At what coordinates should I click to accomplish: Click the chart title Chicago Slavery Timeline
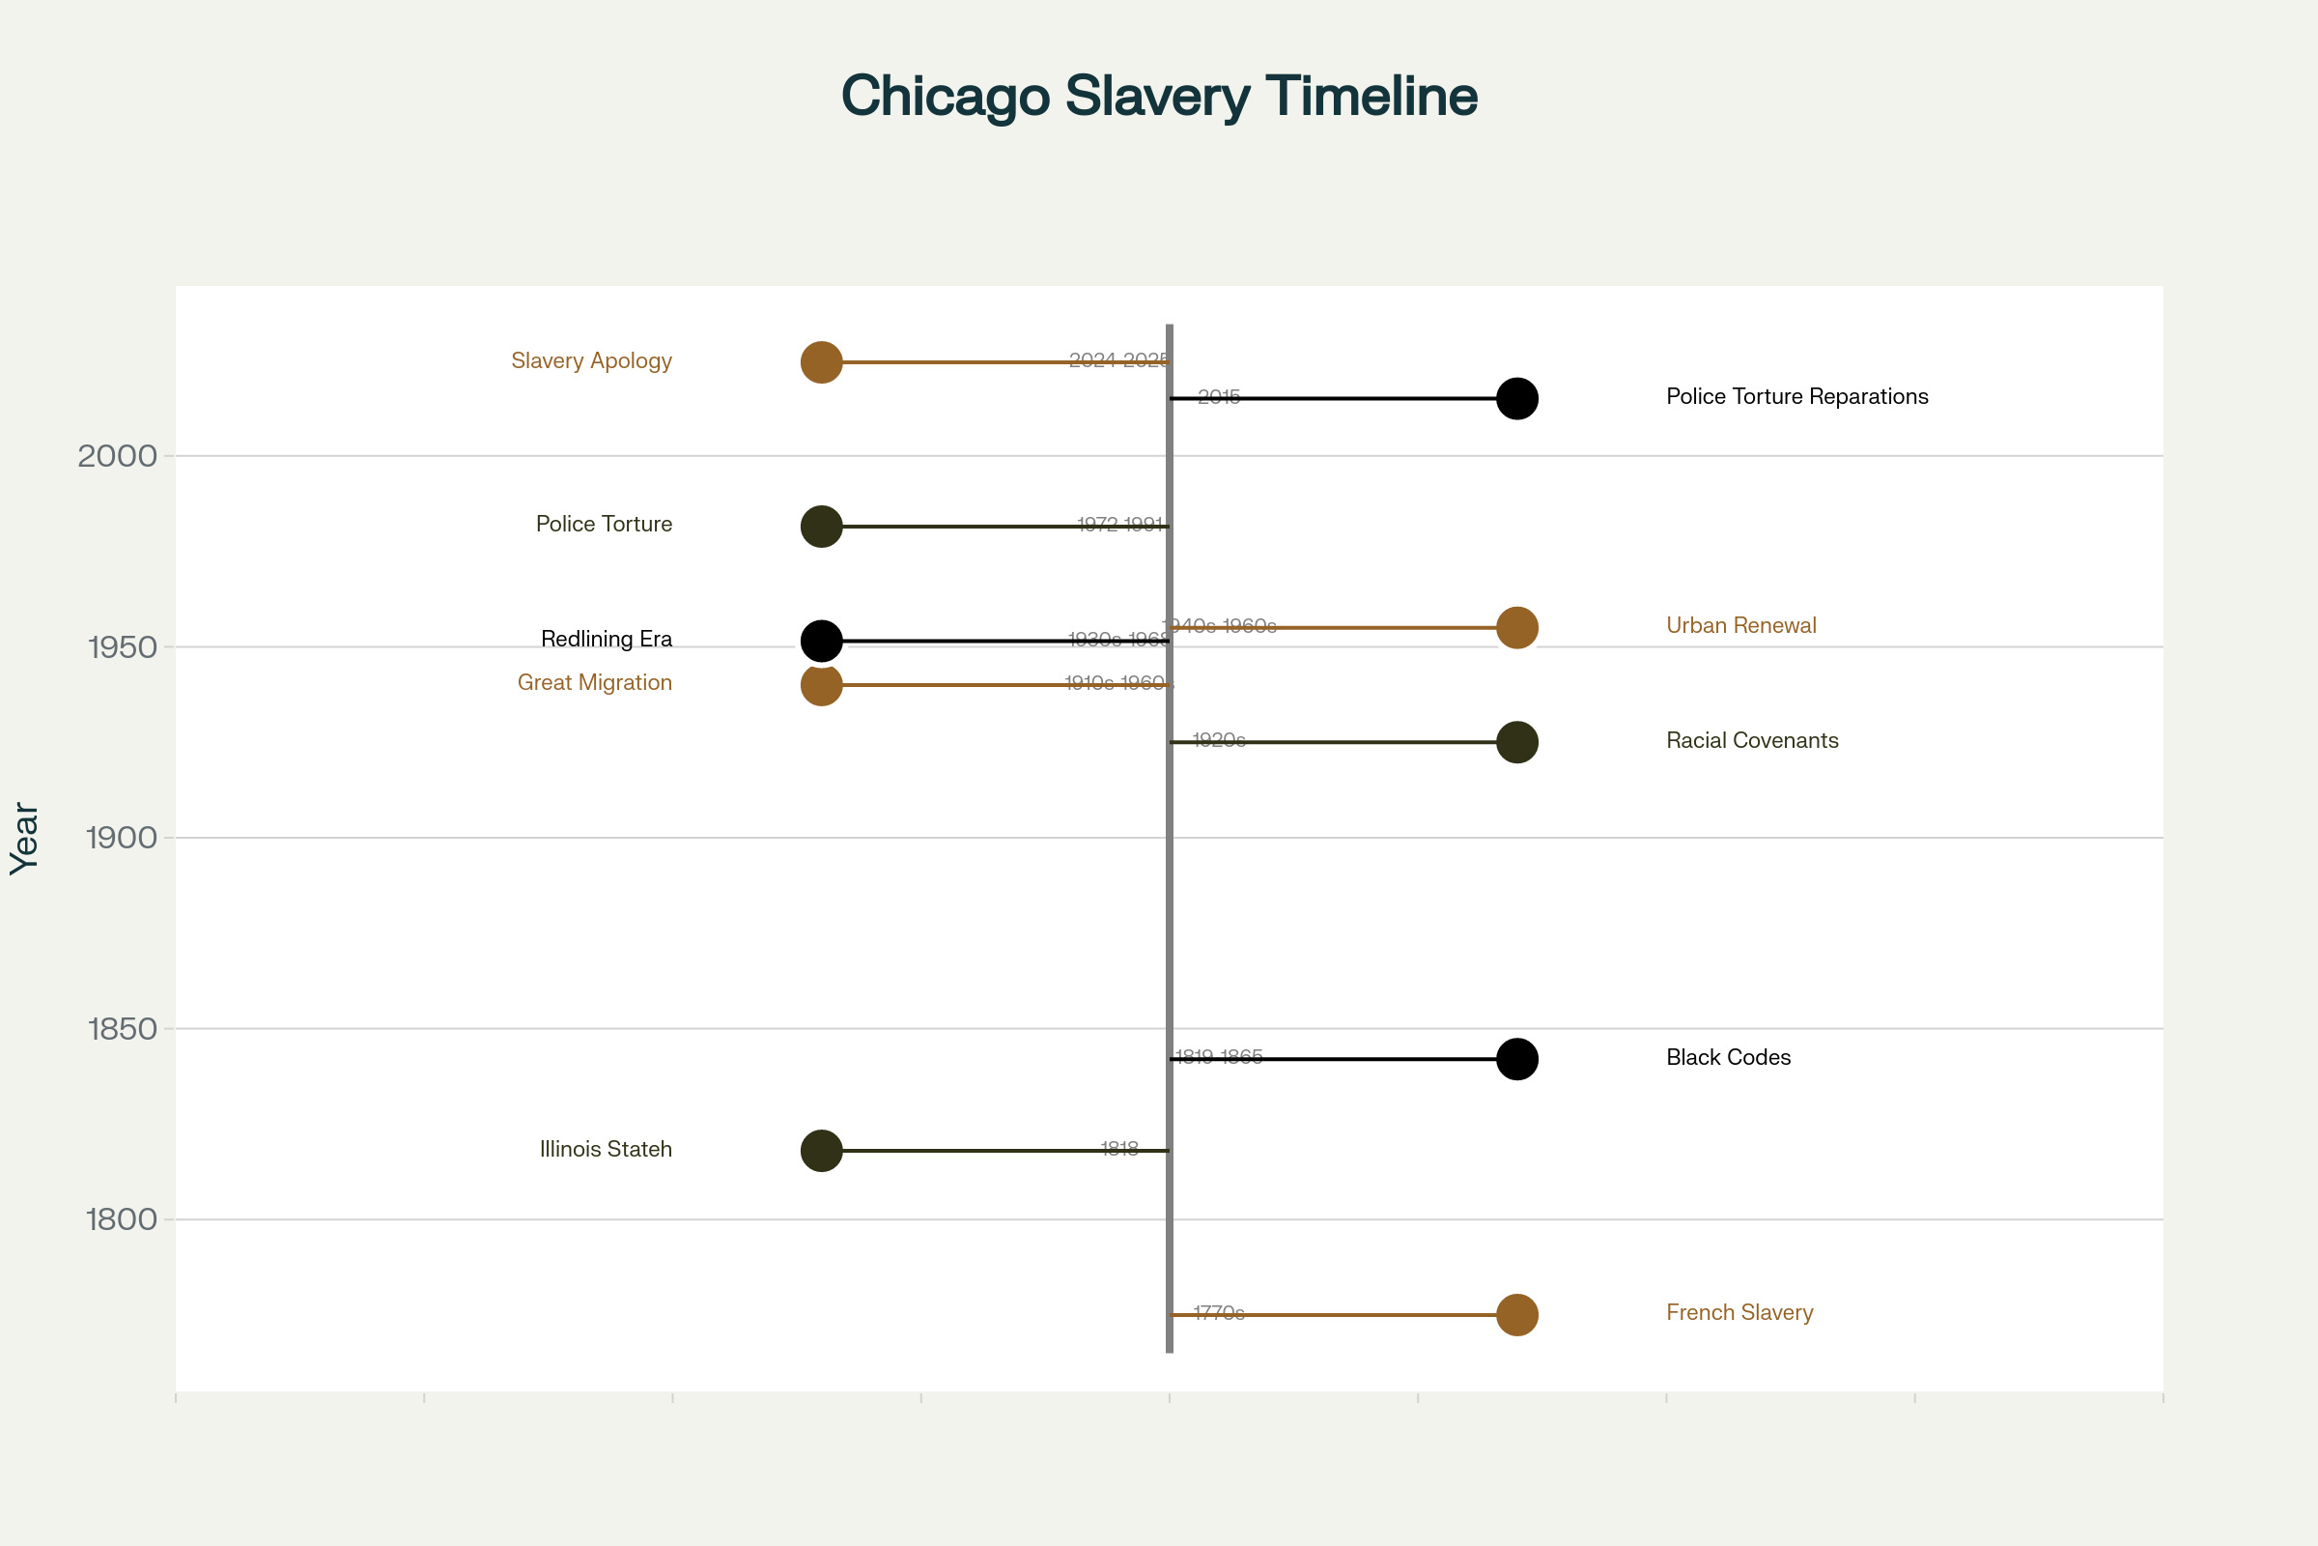1159,97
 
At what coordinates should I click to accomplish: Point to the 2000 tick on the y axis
117,456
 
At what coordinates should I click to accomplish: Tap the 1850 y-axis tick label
123,1029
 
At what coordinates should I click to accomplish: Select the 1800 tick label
123,1219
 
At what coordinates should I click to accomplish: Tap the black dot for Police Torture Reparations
1516,398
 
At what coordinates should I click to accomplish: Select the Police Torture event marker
821,527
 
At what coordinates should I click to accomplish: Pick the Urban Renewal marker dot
1516,628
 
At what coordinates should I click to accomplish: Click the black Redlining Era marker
821,641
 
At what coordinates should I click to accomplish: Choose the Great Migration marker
821,685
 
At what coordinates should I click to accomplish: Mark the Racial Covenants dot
1516,742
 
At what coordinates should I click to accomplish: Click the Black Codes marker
1516,1059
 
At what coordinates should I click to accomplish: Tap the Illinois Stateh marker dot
821,1151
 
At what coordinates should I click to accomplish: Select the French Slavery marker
1516,1315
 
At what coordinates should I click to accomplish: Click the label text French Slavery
1739,1312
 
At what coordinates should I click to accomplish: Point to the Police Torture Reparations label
1796,396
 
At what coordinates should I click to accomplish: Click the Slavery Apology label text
591,360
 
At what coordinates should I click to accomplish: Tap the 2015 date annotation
1219,396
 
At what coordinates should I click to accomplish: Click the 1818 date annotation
1119,1149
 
